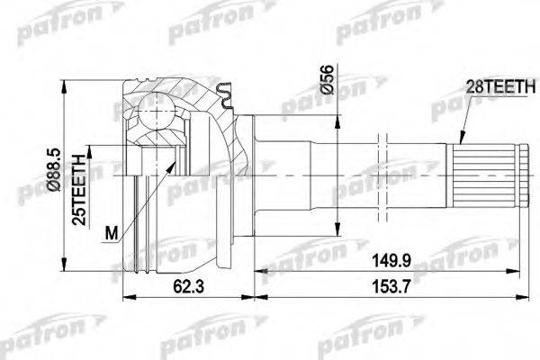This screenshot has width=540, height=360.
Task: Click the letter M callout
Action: click(x=109, y=235)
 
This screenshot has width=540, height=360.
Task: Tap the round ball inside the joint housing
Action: click(x=157, y=118)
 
